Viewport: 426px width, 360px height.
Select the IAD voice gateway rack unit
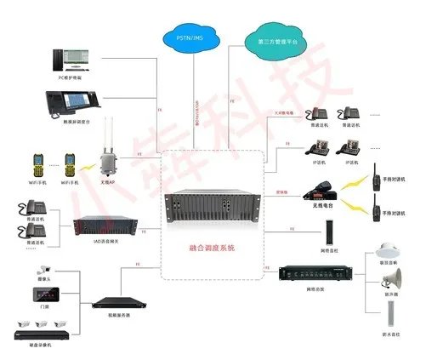104,226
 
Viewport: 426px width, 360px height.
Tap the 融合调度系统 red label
212,248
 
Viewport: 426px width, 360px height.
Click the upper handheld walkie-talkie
375,179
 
